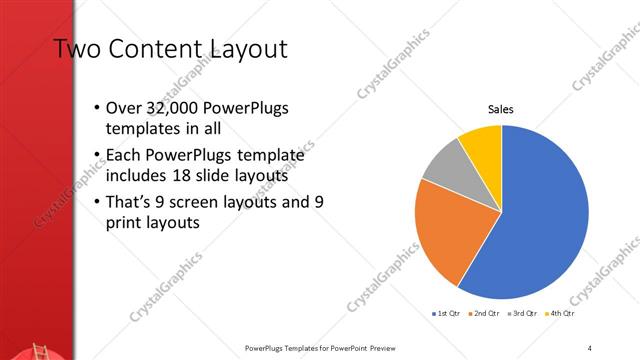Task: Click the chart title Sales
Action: (x=501, y=110)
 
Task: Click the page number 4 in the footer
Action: (x=590, y=348)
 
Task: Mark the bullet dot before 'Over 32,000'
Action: (x=96, y=108)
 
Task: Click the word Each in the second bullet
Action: (x=124, y=155)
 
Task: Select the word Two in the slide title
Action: (x=74, y=49)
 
